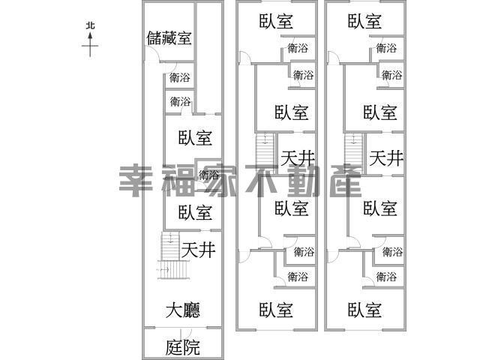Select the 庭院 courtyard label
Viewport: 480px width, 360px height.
(182, 347)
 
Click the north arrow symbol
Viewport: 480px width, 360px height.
(90, 45)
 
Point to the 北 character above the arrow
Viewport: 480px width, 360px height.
(90, 25)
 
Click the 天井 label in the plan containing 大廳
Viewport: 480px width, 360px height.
(199, 250)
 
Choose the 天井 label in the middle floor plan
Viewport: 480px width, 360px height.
(297, 158)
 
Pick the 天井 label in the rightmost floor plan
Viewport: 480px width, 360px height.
(386, 158)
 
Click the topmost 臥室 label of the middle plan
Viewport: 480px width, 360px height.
(275, 22)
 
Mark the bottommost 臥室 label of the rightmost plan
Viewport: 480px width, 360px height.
(365, 309)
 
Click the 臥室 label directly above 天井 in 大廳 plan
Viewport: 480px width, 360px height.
(195, 212)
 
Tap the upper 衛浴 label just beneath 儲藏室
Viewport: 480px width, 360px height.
(180, 77)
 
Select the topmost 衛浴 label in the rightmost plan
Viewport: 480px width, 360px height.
(386, 49)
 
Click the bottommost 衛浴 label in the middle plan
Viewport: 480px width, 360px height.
(298, 277)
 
